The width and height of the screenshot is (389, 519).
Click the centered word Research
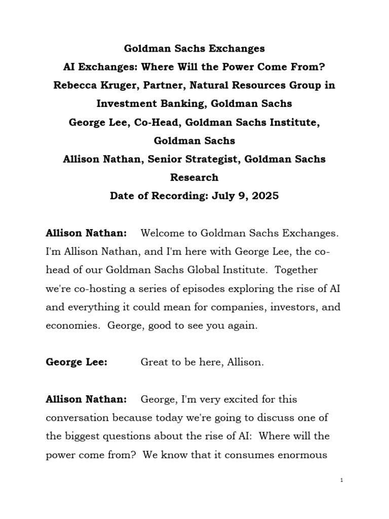pos(194,177)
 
